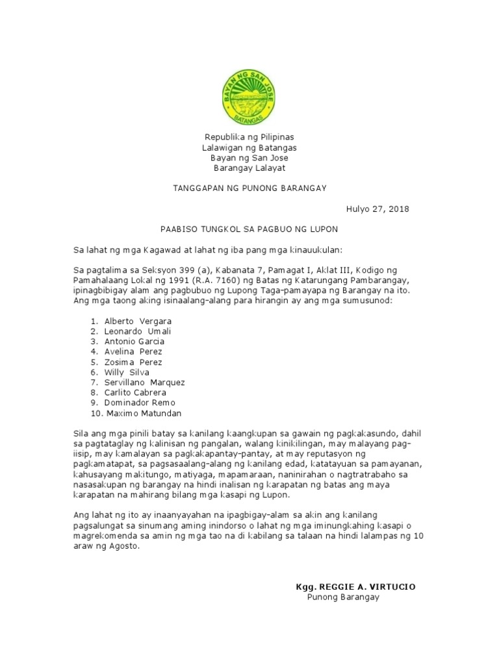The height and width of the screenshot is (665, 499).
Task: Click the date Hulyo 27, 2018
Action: (x=377, y=209)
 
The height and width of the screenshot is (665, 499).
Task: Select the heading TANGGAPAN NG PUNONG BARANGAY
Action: (x=249, y=188)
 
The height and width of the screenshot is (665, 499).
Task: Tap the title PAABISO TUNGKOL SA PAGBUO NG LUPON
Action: (x=249, y=230)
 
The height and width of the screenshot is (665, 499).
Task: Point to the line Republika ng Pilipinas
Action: (x=249, y=137)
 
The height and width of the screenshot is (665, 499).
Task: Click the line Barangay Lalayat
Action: (x=249, y=168)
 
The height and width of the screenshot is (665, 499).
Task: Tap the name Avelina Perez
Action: (x=133, y=352)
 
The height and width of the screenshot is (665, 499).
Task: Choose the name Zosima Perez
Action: (x=133, y=362)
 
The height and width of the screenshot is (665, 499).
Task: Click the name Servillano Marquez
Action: (x=144, y=383)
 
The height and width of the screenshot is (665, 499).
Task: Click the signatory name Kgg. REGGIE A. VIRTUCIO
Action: (x=355, y=587)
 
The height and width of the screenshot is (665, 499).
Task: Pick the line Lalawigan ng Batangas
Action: (x=249, y=147)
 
